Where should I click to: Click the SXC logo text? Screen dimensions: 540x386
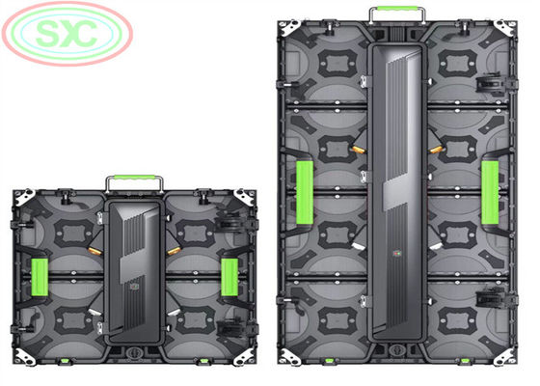(x=67, y=34)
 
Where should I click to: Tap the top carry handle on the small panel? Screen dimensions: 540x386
(x=134, y=178)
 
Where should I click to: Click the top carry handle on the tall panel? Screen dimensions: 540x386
(x=398, y=9)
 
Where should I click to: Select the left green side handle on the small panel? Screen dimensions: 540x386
(x=40, y=278)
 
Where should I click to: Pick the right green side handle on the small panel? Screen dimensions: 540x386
(x=229, y=278)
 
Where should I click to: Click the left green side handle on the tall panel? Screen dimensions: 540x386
(x=305, y=193)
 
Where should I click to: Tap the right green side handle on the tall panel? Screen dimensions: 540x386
(x=490, y=193)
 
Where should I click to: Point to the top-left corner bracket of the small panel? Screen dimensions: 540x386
(x=24, y=197)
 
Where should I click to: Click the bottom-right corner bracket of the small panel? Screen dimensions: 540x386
(x=244, y=357)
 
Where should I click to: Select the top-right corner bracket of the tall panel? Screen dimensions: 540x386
(x=505, y=28)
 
